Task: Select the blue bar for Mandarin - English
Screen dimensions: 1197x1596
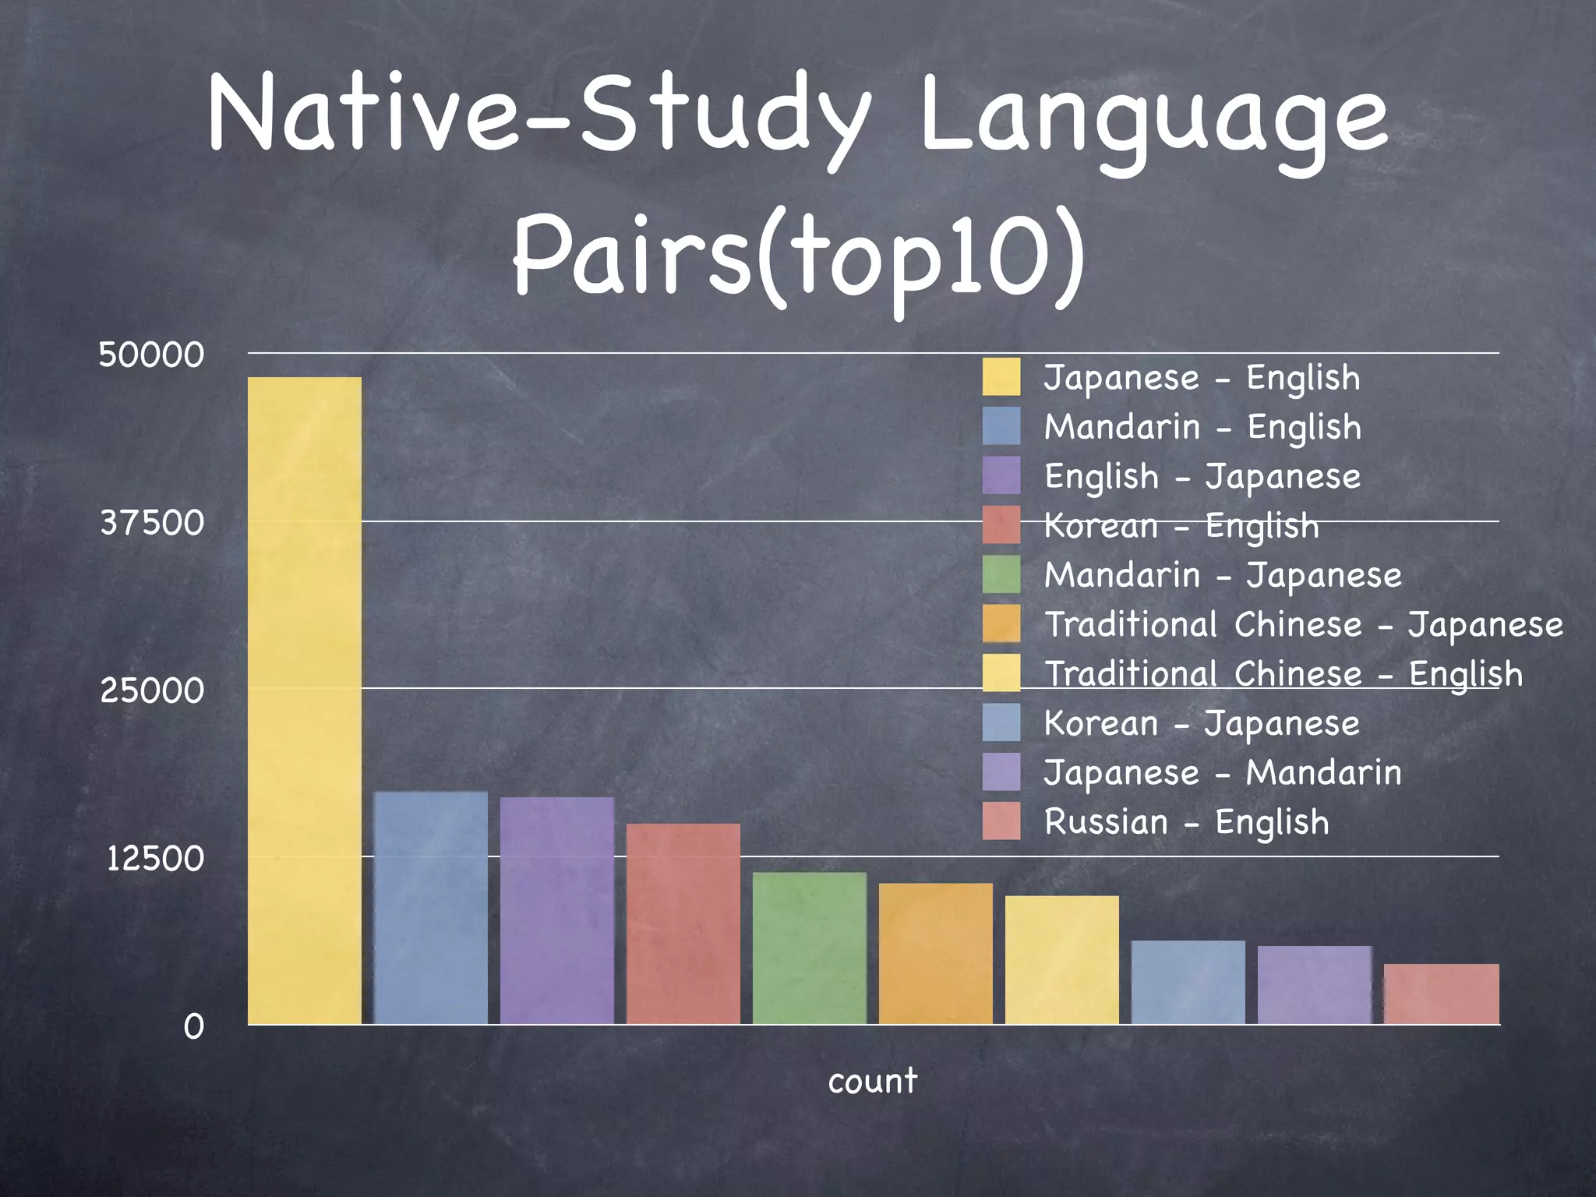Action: [431, 908]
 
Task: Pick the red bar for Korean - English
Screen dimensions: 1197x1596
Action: [683, 923]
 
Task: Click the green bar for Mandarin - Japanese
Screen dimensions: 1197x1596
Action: [810, 948]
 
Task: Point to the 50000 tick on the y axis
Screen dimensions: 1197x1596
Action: [151, 355]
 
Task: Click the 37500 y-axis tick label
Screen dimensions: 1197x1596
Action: [152, 522]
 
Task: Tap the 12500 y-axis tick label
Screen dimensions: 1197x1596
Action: [155, 859]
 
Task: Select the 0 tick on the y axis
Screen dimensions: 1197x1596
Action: [193, 1027]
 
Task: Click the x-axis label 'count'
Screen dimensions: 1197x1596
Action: [873, 1081]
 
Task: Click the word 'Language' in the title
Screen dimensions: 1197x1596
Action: [1154, 117]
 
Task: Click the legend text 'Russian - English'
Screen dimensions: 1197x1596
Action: [1186, 822]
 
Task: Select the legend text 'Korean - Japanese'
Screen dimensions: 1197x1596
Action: [1202, 723]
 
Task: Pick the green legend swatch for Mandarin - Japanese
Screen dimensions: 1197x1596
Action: [1001, 575]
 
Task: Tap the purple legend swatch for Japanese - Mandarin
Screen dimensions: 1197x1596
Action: [1001, 772]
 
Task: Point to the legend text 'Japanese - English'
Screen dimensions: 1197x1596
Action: [1202, 378]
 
